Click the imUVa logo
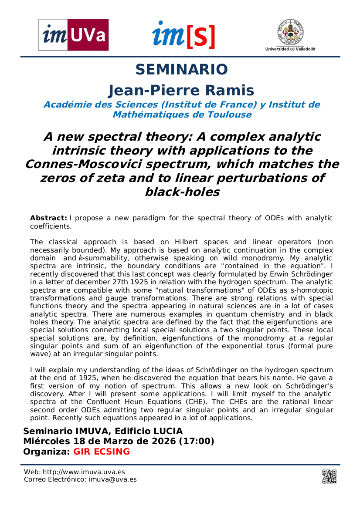74,35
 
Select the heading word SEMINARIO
181,70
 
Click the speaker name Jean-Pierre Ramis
181,91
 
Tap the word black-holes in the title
182,192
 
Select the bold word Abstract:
48,218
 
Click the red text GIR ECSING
102,452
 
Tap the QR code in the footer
329,476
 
